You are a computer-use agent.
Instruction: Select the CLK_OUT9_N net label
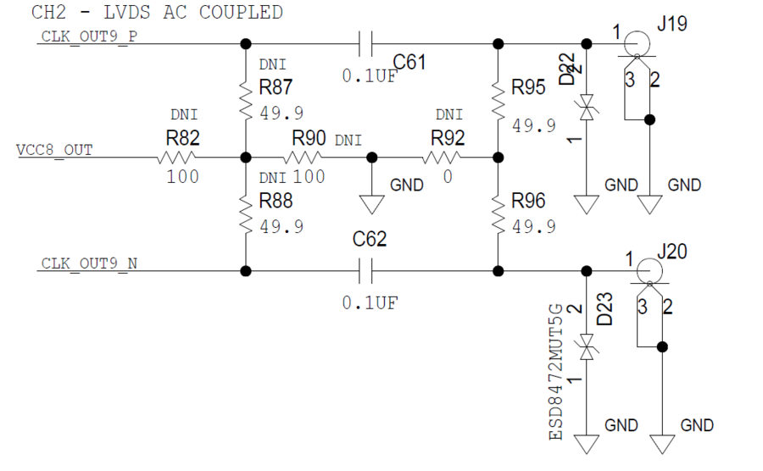pyautogui.click(x=88, y=263)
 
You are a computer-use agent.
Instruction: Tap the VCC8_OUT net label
pyautogui.click(x=54, y=150)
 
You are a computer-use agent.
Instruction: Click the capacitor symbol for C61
pyautogui.click(x=366, y=42)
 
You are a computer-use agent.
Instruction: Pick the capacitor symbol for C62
pyautogui.click(x=366, y=271)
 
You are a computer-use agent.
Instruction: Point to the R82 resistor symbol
pyautogui.click(x=176, y=158)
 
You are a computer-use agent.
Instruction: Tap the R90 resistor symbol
pyautogui.click(x=303, y=158)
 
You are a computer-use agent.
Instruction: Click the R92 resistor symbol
pyautogui.click(x=442, y=158)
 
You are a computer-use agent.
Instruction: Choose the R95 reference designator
pyautogui.click(x=528, y=86)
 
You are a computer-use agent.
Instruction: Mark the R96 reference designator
pyautogui.click(x=528, y=201)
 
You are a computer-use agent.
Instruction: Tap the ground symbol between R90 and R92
pyautogui.click(x=371, y=203)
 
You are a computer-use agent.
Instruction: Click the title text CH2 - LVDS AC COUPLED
pyautogui.click(x=157, y=13)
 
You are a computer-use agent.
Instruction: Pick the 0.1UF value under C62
pyautogui.click(x=370, y=302)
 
